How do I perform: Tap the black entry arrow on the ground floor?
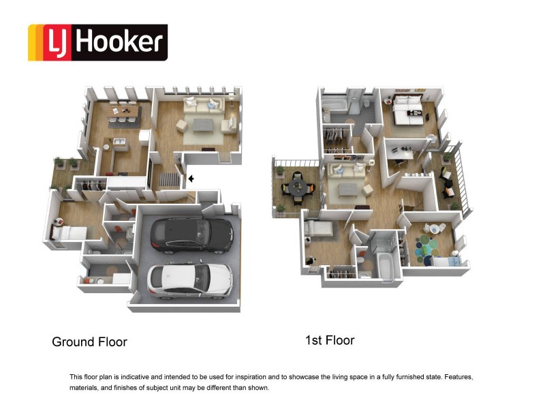click(191, 179)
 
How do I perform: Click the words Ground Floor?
click(89, 342)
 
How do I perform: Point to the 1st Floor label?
click(330, 339)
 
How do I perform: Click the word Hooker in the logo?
click(119, 42)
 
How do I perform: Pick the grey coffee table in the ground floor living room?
click(203, 125)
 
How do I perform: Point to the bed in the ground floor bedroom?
click(69, 232)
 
